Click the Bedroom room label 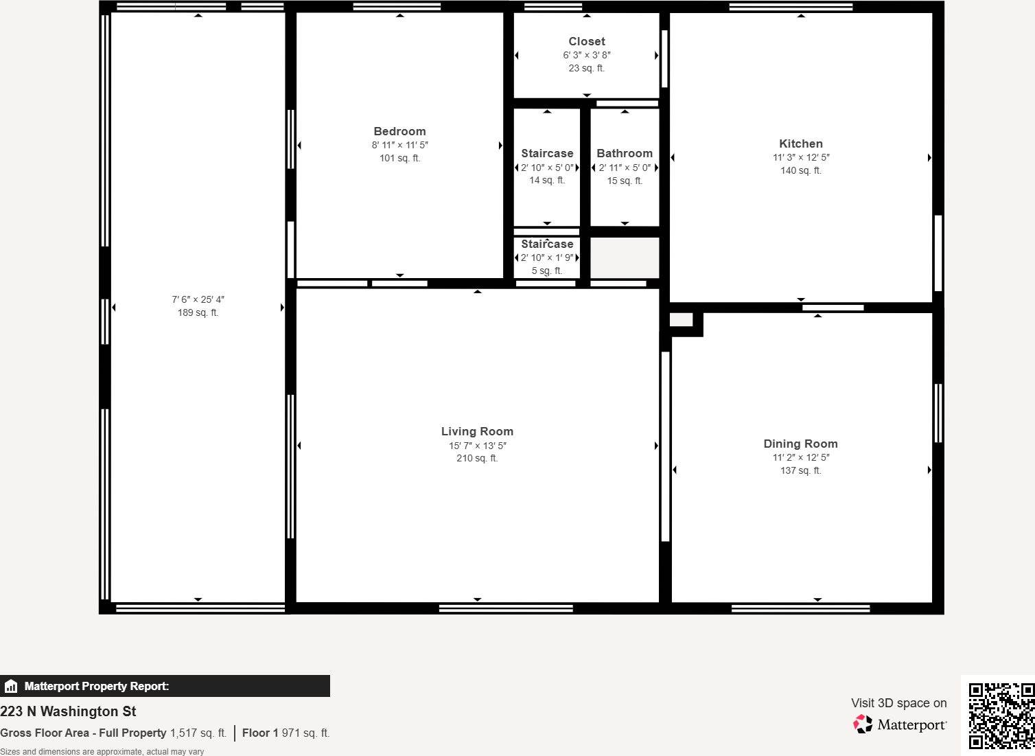coord(399,131)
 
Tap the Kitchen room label coord(800,144)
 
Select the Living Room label coord(477,431)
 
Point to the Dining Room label coord(800,444)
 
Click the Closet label coord(587,41)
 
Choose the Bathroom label coord(625,153)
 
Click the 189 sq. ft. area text coord(198,312)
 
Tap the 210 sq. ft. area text coord(477,458)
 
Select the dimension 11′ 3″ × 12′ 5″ coord(800,157)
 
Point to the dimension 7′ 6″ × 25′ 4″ coord(198,299)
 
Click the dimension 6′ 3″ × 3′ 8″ coord(587,55)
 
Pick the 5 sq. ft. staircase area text coord(547,271)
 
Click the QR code coord(1001,715)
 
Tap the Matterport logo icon coord(863,724)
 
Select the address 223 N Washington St coord(68,711)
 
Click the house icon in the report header coord(11,686)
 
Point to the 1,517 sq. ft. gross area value coord(198,733)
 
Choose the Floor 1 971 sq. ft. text coord(286,733)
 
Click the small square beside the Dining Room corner coord(681,320)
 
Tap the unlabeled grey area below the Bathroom coord(625,257)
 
